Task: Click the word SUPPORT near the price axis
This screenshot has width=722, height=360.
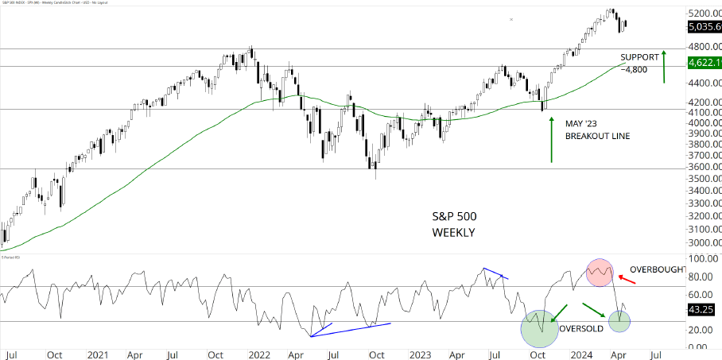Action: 640,57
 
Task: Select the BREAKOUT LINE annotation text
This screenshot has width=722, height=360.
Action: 597,137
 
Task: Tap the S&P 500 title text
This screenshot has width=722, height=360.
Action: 454,217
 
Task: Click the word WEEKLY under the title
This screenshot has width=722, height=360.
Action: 453,232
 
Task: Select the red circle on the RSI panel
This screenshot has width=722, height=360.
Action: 601,272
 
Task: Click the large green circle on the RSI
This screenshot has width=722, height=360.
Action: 540,328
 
